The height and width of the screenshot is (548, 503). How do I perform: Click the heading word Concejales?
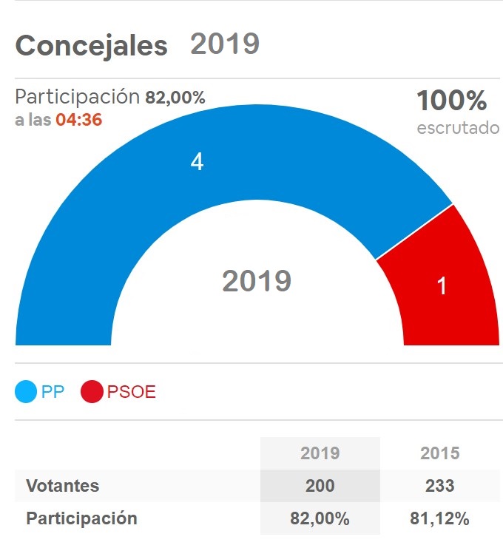point(91,46)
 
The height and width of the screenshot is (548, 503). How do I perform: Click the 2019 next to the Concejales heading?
point(225,44)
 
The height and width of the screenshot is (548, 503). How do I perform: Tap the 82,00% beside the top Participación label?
point(175,97)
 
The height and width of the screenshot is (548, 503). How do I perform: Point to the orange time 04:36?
point(78,120)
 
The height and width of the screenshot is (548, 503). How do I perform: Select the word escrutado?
point(458,127)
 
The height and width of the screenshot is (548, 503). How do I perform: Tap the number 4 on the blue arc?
point(197,162)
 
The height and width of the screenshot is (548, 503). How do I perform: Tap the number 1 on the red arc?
point(442,286)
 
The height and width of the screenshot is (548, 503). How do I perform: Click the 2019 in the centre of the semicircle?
point(257,281)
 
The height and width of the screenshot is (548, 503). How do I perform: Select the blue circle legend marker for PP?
point(27,392)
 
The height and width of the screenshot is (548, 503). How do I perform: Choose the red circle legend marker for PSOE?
point(92,392)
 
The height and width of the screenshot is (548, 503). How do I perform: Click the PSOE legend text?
point(132,392)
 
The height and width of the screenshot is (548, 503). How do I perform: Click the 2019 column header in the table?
point(320,453)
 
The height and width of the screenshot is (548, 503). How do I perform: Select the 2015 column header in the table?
point(439,453)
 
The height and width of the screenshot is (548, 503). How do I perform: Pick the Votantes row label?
point(62,486)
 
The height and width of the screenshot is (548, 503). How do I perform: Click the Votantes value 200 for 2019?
point(320,486)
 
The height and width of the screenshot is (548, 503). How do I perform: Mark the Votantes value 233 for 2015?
point(439,486)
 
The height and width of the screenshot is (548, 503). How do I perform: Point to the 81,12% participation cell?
point(439,518)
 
